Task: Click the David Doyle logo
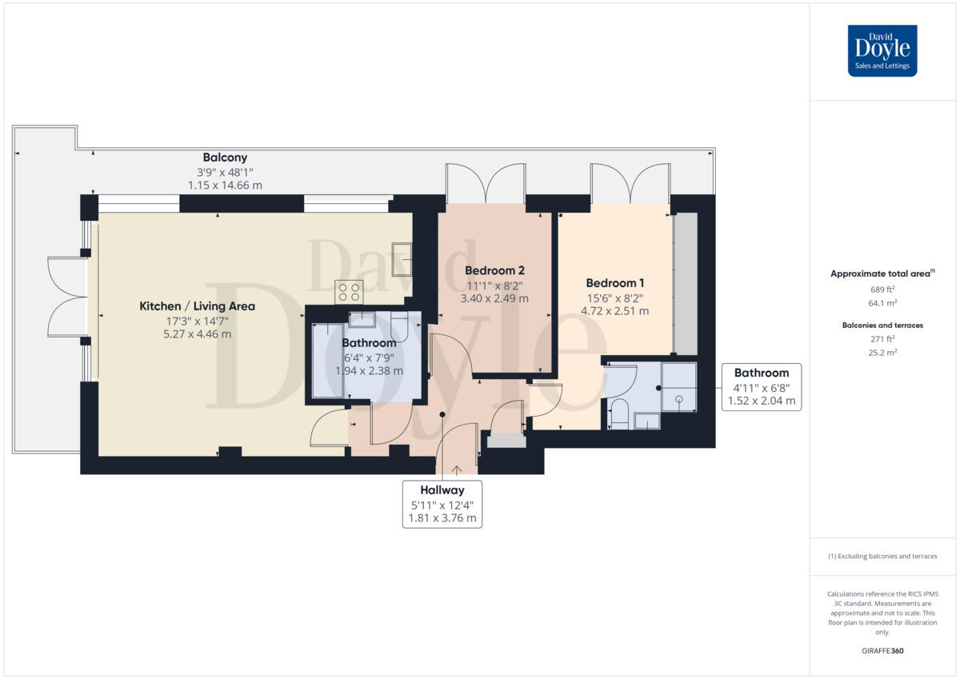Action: point(882,50)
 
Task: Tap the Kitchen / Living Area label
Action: point(197,306)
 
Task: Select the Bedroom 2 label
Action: point(494,270)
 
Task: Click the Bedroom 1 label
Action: point(614,282)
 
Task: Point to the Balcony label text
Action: point(225,158)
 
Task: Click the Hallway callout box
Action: point(442,504)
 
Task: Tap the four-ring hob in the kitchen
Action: point(349,291)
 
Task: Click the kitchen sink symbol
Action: point(401,258)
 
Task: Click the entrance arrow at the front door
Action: point(457,470)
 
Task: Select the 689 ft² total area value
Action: point(882,289)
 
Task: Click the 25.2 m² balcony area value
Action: point(882,352)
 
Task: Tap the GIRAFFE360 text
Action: point(882,651)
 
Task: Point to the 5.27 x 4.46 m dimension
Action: point(197,334)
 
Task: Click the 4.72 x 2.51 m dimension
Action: point(614,311)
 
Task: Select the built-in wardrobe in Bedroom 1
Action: point(685,284)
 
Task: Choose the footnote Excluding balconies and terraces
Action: point(882,556)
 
